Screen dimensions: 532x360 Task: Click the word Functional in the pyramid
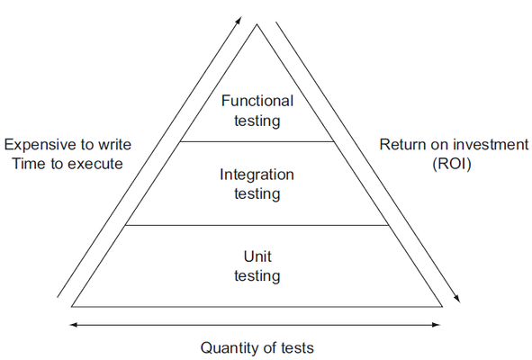pos(257,101)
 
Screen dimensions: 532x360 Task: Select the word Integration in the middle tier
pos(257,175)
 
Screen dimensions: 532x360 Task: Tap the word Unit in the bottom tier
pos(257,256)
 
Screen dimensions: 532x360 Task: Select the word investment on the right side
pos(490,145)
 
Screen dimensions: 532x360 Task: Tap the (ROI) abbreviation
pos(452,164)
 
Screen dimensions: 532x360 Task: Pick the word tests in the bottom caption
pos(297,348)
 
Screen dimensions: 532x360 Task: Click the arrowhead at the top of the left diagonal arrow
pos(239,20)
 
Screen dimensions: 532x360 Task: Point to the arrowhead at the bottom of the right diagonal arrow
pos(457,298)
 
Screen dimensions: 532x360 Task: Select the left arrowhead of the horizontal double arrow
pos(73,325)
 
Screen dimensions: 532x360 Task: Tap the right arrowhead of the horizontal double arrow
pos(437,325)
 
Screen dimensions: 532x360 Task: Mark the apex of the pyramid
pos(257,24)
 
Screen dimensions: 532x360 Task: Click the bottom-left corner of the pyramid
pos(72,306)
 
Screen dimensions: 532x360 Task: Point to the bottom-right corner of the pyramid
pos(442,306)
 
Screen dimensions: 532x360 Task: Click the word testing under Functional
pos(257,121)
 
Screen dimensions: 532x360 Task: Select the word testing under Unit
pos(257,275)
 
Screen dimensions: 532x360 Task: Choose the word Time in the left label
pos(29,164)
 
